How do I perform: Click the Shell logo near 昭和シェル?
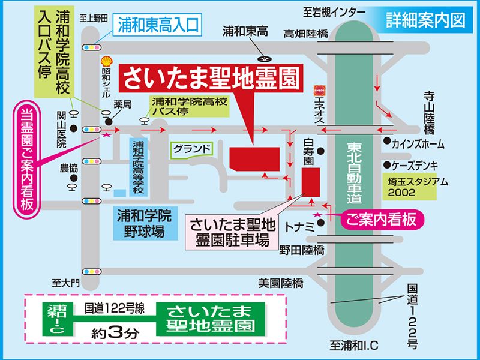(x=106, y=61)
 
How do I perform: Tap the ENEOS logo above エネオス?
(x=319, y=88)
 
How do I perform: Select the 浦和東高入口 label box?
(x=158, y=25)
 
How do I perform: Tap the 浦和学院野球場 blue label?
(x=144, y=222)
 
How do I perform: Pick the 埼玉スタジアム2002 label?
(x=410, y=186)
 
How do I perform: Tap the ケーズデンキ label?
(x=415, y=165)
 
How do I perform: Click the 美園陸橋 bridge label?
(x=280, y=282)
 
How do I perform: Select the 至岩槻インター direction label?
(x=334, y=11)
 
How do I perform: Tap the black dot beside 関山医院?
(x=73, y=128)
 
